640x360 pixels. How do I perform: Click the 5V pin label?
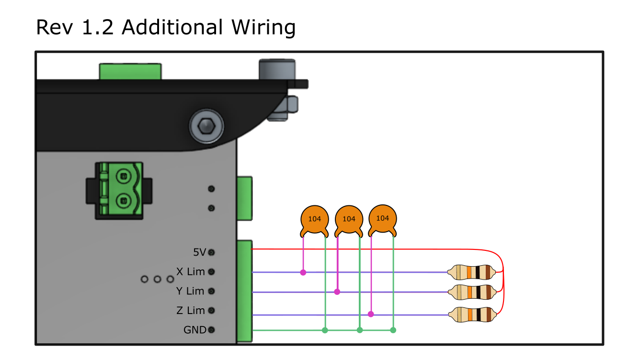coord(199,252)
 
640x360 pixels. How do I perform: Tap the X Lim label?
coord(190,271)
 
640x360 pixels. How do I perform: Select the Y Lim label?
coord(190,291)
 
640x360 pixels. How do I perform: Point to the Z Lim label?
coord(190,311)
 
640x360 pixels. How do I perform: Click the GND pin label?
coord(194,330)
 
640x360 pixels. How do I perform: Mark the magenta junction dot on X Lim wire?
coord(303,272)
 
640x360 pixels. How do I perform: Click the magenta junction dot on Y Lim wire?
coord(337,292)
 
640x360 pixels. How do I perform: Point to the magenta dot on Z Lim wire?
coord(371,314)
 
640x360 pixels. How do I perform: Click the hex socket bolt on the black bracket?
coord(206,126)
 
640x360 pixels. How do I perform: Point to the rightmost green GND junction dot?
coord(393,330)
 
